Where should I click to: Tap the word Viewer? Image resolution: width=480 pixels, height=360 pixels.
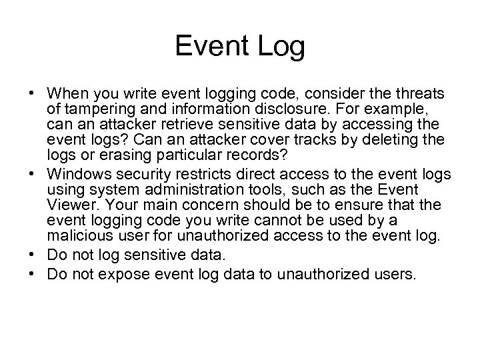[x=67, y=206]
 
